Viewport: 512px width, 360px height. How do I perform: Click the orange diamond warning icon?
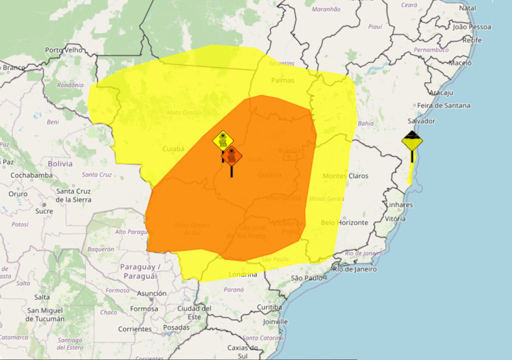(231, 156)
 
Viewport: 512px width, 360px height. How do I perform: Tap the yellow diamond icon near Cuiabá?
(222, 140)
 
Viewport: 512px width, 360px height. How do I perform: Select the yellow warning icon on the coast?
(412, 141)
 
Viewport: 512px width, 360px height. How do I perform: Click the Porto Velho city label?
(63, 50)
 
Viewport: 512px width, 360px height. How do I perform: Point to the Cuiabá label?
(173, 148)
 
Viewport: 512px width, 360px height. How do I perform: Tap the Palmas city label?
(282, 80)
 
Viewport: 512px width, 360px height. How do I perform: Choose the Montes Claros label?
(345, 176)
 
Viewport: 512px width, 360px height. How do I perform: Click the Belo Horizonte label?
(344, 222)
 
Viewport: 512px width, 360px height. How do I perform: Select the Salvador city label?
(421, 121)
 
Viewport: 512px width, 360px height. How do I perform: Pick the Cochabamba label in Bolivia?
(31, 175)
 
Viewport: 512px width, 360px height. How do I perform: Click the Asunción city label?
(151, 293)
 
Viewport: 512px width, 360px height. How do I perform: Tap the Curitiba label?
(269, 306)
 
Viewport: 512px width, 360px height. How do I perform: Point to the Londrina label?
(242, 274)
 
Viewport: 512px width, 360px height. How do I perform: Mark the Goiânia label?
(270, 175)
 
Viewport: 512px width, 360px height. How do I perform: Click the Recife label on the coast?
(472, 40)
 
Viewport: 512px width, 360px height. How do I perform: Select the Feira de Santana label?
(444, 105)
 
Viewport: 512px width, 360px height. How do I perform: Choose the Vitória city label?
(395, 218)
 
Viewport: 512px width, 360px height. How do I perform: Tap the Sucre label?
(44, 211)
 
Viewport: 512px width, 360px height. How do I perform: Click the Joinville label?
(275, 321)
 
